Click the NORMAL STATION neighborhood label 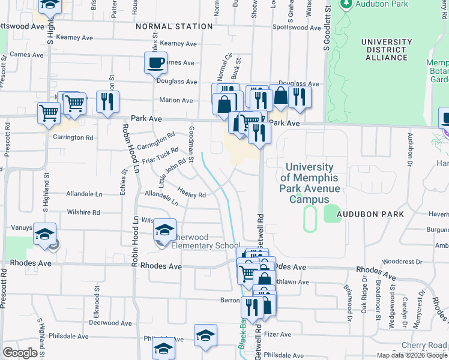click(174, 26)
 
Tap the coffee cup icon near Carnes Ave click(155, 62)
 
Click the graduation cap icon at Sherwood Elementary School click(165, 230)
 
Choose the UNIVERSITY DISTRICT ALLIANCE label click(387, 50)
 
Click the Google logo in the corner click(20, 353)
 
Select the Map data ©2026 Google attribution click(411, 355)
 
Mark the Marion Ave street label click(175, 100)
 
